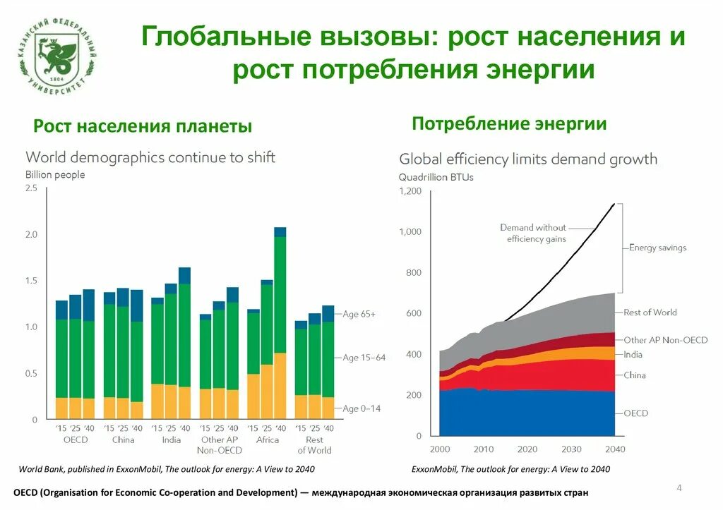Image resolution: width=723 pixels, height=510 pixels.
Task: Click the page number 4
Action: tap(679, 488)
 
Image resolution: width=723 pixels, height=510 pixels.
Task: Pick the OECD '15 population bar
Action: tap(62, 360)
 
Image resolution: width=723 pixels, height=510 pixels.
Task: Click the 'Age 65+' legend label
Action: tap(359, 314)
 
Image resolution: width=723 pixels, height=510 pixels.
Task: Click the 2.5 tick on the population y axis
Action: tap(31, 188)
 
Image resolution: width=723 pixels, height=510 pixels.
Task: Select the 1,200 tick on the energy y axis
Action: tap(410, 191)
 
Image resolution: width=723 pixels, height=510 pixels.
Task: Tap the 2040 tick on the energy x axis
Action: tap(614, 449)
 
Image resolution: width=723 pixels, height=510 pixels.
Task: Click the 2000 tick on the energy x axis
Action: tap(439, 449)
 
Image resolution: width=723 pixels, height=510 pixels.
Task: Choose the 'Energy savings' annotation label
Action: tap(657, 248)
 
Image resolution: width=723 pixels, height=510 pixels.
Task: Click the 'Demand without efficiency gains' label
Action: tap(533, 233)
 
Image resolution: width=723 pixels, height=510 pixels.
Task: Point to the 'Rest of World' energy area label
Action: tap(650, 312)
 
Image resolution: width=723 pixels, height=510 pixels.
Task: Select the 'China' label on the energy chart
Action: tap(635, 375)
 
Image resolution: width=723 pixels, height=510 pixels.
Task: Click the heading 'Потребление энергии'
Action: tap(509, 124)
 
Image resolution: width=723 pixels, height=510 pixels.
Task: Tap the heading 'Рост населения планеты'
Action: tap(143, 126)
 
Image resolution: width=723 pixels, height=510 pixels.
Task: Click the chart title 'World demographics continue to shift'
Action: tap(150, 157)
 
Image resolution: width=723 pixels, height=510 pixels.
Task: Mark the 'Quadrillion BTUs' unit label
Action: tap(436, 177)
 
